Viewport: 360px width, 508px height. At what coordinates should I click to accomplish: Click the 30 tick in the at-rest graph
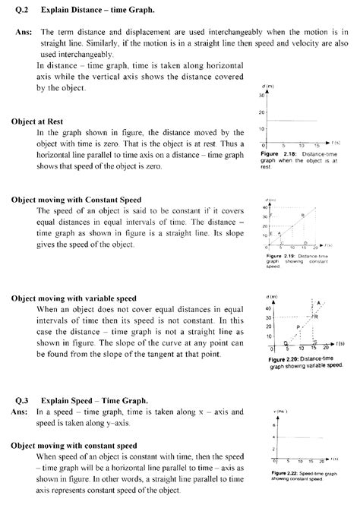coord(261,96)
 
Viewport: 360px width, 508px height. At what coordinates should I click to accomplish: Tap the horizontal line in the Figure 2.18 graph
coord(292,121)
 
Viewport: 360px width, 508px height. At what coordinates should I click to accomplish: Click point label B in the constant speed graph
coord(303,216)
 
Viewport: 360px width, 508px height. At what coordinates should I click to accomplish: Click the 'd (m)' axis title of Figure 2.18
coord(263,86)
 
